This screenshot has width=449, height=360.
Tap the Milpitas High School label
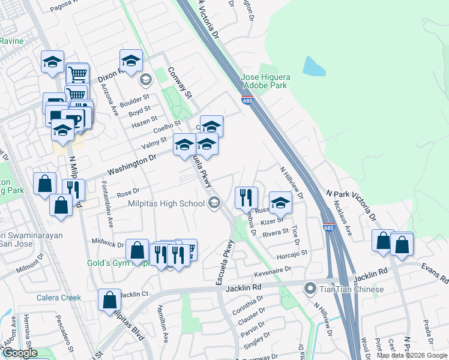[x=166, y=203]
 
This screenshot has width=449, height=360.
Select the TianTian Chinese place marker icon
[x=310, y=289]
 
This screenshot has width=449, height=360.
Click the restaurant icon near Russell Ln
[x=246, y=197]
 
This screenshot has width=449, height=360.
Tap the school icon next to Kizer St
[x=280, y=202]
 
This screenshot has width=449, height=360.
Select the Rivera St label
[x=276, y=232]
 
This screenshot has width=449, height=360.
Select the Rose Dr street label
[x=128, y=193]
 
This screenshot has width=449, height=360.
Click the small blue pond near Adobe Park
[x=314, y=65]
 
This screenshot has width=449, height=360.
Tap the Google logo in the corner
[x=20, y=353]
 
